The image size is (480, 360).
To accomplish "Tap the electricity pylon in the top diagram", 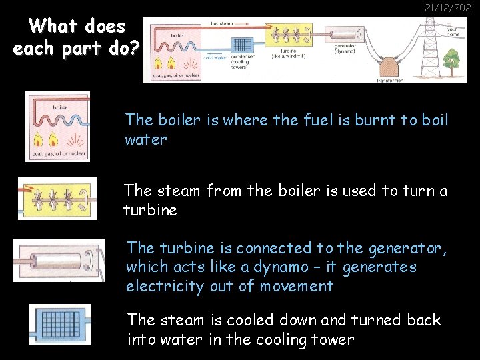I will click(431, 47).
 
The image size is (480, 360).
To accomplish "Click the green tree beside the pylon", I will click(453, 61).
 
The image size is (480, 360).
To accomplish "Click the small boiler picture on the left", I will click(57, 127).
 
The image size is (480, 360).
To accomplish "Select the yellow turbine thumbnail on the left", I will click(57, 199).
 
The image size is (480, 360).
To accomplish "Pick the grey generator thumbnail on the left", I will click(59, 260).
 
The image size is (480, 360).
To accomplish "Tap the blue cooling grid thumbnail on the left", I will click(60, 325).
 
